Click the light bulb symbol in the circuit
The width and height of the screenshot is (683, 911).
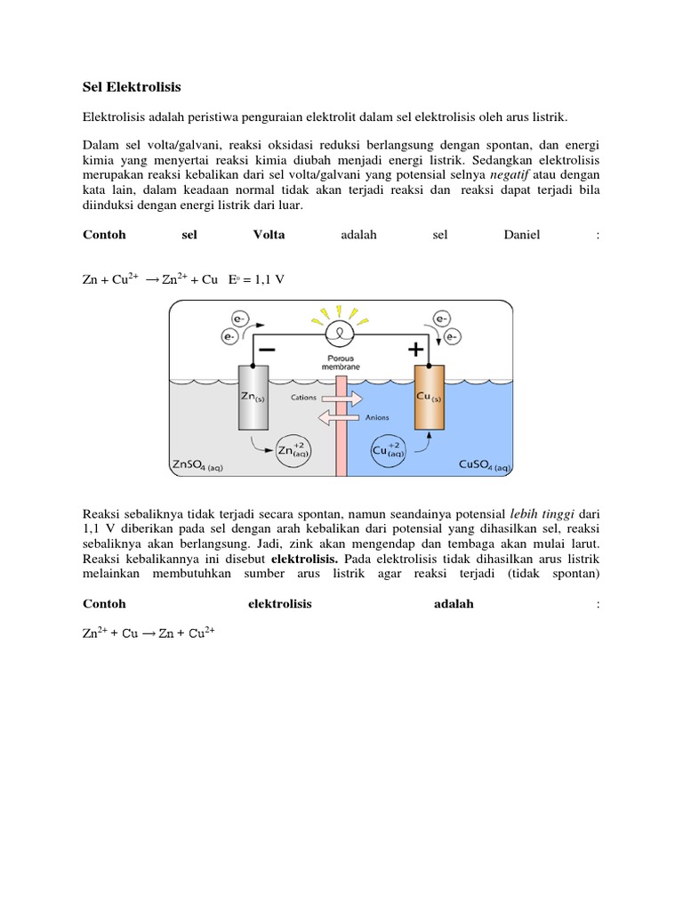[340, 334]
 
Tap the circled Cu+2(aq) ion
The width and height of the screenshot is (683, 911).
[389, 448]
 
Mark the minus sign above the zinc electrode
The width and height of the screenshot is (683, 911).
[266, 350]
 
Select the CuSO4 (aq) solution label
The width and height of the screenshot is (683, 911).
[484, 464]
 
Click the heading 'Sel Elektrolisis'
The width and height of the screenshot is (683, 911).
[132, 87]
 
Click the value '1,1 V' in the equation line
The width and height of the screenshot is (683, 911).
[267, 279]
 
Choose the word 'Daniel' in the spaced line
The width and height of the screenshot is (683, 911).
[522, 235]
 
